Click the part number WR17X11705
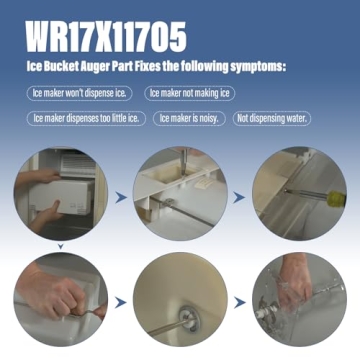coord(106,38)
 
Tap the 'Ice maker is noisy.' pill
coord(192,118)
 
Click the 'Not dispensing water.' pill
coord(272,118)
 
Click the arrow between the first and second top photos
coord(121,200)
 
